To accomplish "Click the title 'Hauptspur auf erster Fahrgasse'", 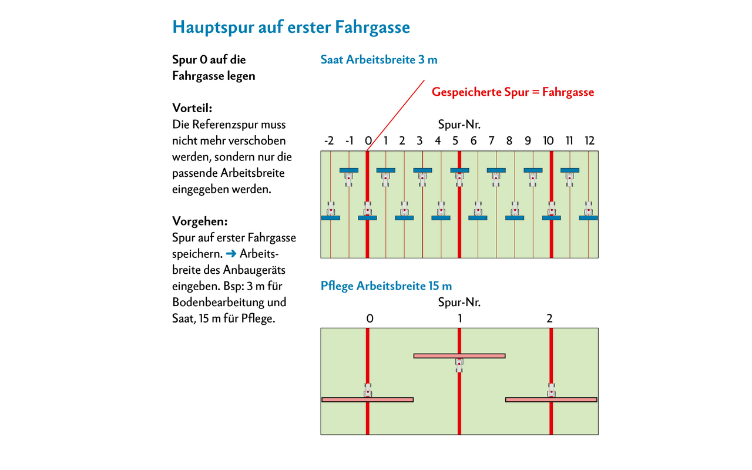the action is pos(291,27).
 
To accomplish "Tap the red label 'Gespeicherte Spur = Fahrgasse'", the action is pos(513,92).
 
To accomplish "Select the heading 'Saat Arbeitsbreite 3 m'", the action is pos(379,60).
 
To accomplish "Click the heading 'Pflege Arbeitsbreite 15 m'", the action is pos(386,286).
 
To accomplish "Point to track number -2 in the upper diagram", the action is pos(329,140).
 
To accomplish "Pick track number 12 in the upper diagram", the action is pos(589,140).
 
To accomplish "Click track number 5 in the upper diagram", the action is pos(455,140).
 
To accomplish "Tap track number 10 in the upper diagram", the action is pos(548,140).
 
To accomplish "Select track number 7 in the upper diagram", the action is pos(492,140).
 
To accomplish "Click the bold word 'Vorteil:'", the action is pos(192,108).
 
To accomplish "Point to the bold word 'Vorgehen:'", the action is pos(200,221).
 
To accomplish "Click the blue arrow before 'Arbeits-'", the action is pos(231,254).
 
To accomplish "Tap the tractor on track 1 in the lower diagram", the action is pos(459,365).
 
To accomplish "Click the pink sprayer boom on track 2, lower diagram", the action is pos(551,400).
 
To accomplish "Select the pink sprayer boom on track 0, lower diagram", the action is pos(368,400).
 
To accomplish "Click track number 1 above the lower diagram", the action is pos(460,318).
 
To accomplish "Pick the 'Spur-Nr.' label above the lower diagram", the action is pos(459,303).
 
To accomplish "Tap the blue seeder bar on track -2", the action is pos(331,218).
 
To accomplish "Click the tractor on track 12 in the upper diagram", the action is pos(588,209).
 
